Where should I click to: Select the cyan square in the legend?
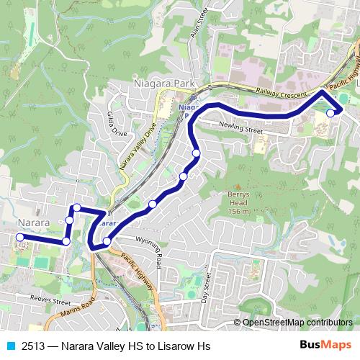click(x=11, y=346)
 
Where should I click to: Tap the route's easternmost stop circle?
click(x=330, y=113)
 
